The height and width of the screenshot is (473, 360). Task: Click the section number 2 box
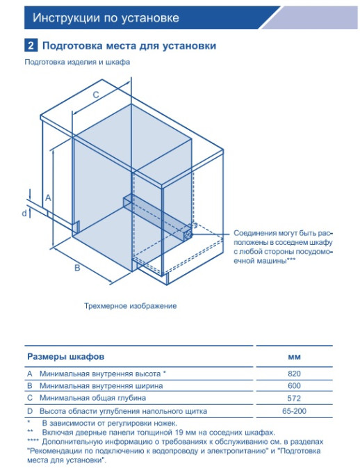[x=31, y=46]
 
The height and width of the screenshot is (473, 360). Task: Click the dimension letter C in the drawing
[x=96, y=95]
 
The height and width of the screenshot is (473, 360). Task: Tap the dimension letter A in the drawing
[x=48, y=198]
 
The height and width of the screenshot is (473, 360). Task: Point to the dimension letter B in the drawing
[x=77, y=268]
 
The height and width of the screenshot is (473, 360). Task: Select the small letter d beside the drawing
[x=24, y=214]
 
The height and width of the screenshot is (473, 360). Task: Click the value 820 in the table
[x=294, y=374]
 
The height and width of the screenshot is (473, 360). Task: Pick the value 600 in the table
[x=294, y=386]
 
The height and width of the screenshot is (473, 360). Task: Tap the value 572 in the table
[x=294, y=398]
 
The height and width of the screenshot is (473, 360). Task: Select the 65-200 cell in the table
[x=294, y=411]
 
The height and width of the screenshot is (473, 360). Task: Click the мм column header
[x=294, y=357]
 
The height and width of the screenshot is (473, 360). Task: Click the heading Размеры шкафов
[x=66, y=357]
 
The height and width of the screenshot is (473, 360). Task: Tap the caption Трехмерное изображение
[x=130, y=306]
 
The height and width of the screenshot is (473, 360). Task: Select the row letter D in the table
[x=30, y=411]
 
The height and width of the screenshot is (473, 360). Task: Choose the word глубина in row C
[x=131, y=398]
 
